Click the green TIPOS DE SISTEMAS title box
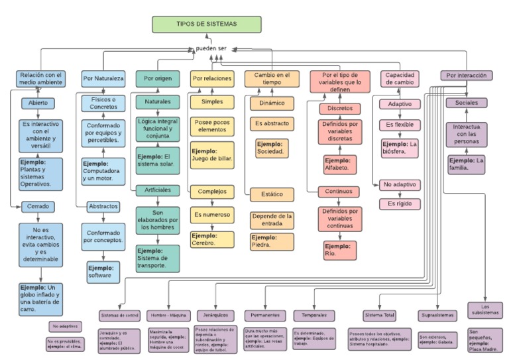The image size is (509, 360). click(x=205, y=24)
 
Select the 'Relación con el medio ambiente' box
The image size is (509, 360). click(x=40, y=79)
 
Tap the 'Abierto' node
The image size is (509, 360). click(x=42, y=103)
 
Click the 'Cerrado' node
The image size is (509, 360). click(x=38, y=206)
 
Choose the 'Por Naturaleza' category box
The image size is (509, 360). click(x=103, y=79)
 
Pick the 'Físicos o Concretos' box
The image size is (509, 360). click(x=103, y=103)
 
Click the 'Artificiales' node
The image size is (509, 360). click(x=157, y=190)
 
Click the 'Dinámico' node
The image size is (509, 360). click(x=272, y=103)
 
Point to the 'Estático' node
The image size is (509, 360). click(x=272, y=194)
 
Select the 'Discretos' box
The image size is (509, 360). click(x=339, y=108)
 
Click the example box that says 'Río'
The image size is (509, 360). click(x=339, y=249)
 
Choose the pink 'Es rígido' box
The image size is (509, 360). click(x=400, y=204)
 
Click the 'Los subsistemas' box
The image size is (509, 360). click(x=490, y=310)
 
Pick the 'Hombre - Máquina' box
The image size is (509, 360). click(x=167, y=315)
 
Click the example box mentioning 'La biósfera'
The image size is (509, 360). click(x=400, y=148)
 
